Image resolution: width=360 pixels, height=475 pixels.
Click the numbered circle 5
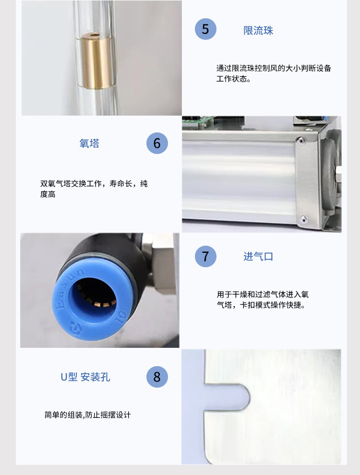click(x=205, y=29)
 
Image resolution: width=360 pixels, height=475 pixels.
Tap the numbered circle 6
click(x=157, y=143)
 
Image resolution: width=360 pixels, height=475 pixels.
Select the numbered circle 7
click(x=205, y=256)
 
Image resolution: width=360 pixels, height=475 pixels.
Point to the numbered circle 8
click(x=157, y=377)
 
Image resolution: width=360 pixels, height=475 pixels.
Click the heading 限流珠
click(x=258, y=31)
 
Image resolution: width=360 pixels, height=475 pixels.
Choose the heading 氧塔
click(x=89, y=143)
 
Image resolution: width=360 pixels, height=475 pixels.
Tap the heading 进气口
click(x=258, y=257)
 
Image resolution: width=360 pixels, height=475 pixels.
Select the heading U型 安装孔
click(x=85, y=377)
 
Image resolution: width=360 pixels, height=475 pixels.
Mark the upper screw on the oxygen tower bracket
click(x=300, y=141)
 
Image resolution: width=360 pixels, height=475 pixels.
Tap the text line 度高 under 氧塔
click(x=48, y=194)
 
